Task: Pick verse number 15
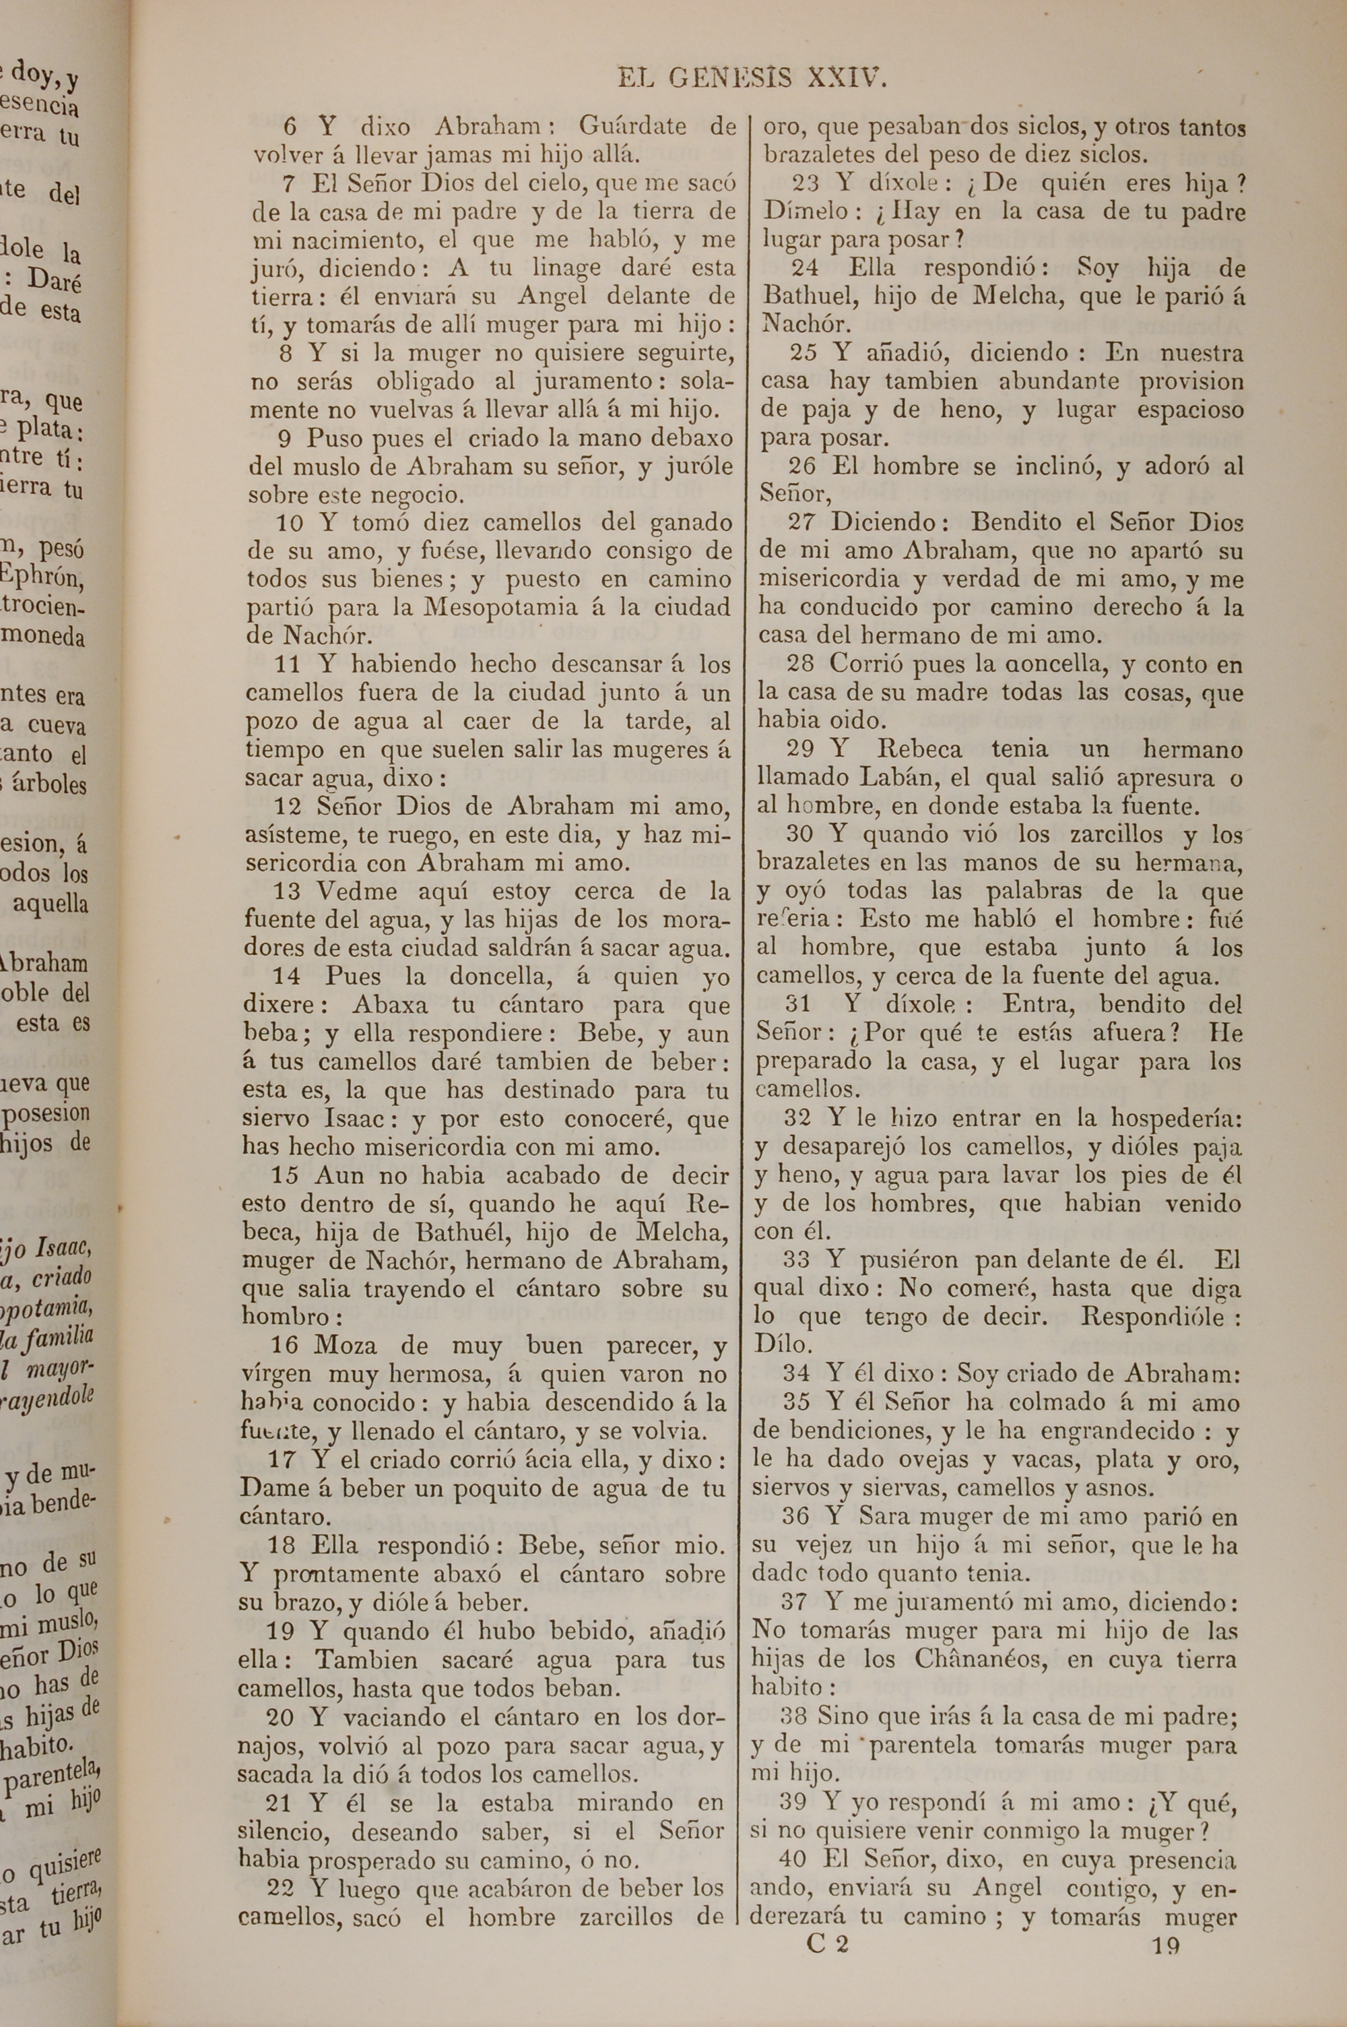pos(285,1175)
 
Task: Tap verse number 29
pos(800,749)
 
